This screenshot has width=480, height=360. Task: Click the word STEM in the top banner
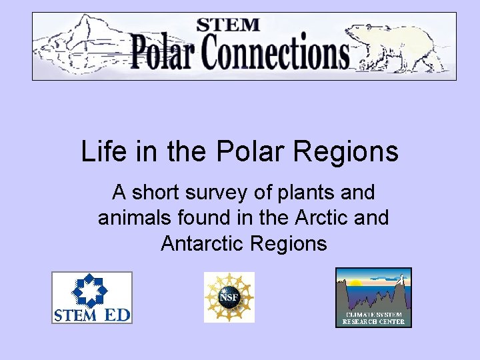click(x=228, y=25)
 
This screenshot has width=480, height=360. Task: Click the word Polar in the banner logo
click(x=163, y=52)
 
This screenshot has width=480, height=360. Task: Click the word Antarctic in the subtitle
click(x=203, y=243)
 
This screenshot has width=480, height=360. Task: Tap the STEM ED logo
click(x=92, y=297)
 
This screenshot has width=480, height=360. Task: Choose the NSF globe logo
click(x=229, y=297)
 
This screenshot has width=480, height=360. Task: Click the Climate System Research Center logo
click(x=373, y=297)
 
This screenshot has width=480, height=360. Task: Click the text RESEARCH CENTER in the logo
click(x=373, y=322)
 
